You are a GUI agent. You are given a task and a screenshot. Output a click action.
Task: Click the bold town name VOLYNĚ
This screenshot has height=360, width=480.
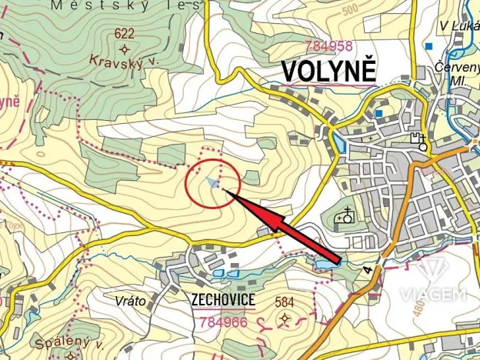[x=328, y=70]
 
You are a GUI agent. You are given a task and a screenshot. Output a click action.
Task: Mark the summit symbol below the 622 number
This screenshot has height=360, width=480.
[x=124, y=48]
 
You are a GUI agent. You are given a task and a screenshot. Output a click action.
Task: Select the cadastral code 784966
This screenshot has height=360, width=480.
[x=222, y=322]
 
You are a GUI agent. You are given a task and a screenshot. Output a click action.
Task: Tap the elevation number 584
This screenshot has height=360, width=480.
[x=285, y=301]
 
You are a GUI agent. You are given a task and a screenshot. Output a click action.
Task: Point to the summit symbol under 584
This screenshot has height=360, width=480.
[x=285, y=318]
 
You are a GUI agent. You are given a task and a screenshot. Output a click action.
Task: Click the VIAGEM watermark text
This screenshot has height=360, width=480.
[x=432, y=294]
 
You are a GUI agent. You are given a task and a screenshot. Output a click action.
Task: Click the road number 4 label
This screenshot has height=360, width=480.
[x=368, y=271]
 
